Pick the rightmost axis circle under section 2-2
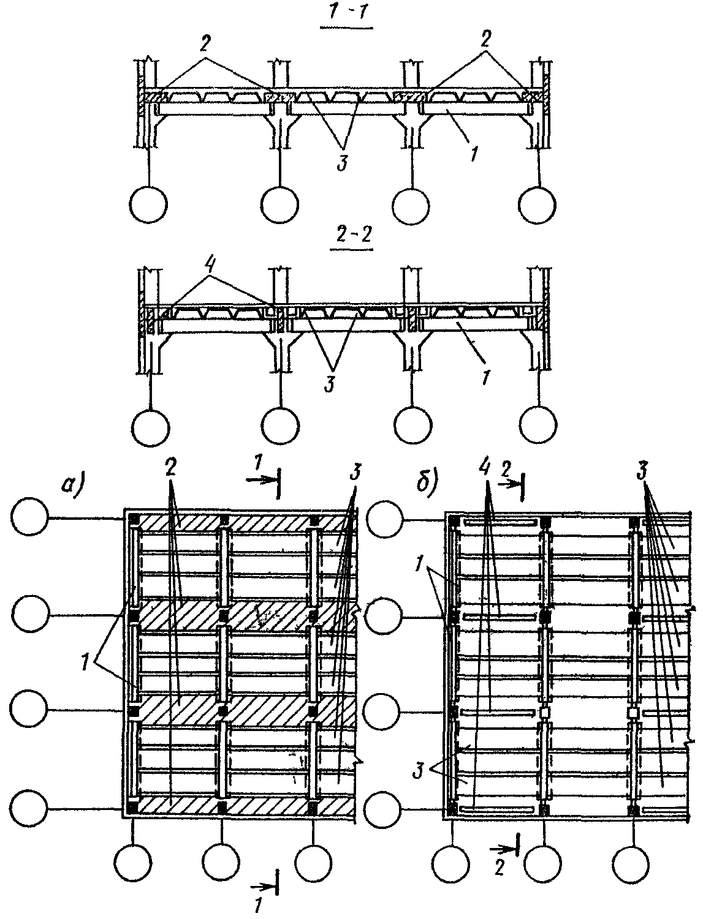538,423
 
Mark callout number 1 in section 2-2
484,373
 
